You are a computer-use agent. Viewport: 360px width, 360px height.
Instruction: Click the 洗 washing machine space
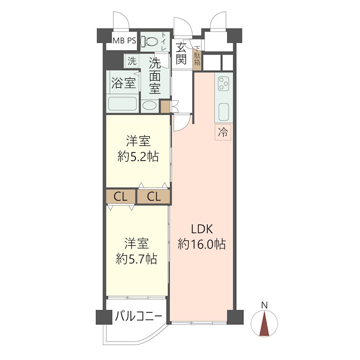point(131,61)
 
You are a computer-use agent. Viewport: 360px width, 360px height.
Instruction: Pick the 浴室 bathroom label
point(123,83)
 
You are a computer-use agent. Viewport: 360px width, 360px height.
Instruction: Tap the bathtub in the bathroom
point(123,104)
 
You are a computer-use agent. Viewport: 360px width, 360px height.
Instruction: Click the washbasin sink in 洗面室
point(150,105)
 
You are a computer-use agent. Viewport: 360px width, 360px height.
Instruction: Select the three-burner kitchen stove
point(224,84)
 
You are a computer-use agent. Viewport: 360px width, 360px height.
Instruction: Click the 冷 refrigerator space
point(223,132)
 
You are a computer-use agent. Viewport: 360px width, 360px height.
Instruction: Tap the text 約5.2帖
point(138,156)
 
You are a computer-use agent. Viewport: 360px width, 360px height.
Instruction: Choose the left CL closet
point(120,197)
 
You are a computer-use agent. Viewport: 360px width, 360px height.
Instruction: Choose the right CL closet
point(154,197)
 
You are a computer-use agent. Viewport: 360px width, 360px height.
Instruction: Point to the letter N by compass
point(265,305)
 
